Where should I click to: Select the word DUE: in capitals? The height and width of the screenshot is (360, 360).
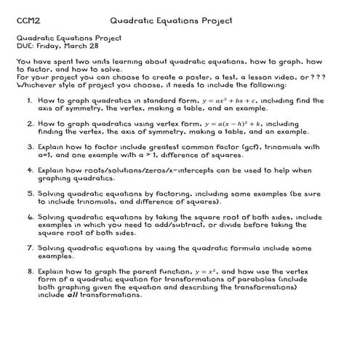tap(24, 45)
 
